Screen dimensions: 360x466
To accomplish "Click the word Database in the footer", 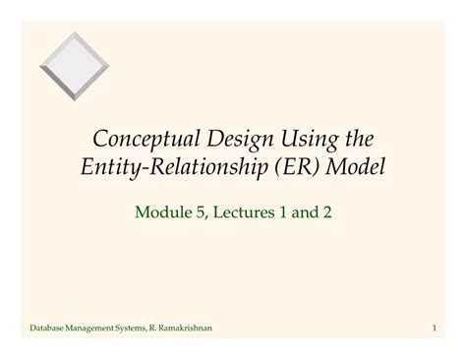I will (48, 327).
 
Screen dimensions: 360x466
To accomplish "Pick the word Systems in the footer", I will (145, 327).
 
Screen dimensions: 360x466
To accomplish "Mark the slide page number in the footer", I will (434, 327).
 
